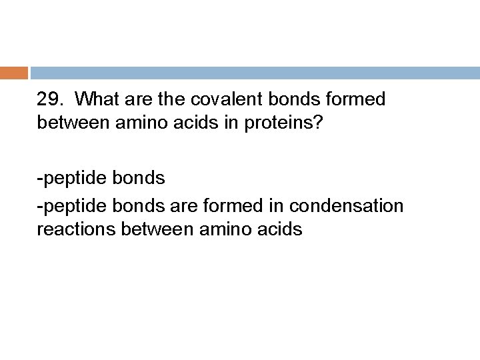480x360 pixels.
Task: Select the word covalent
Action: pos(214,99)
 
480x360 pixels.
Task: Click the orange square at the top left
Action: pos(14,73)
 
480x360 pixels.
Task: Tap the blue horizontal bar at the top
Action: pos(254,73)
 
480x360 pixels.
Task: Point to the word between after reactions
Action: pos(160,229)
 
